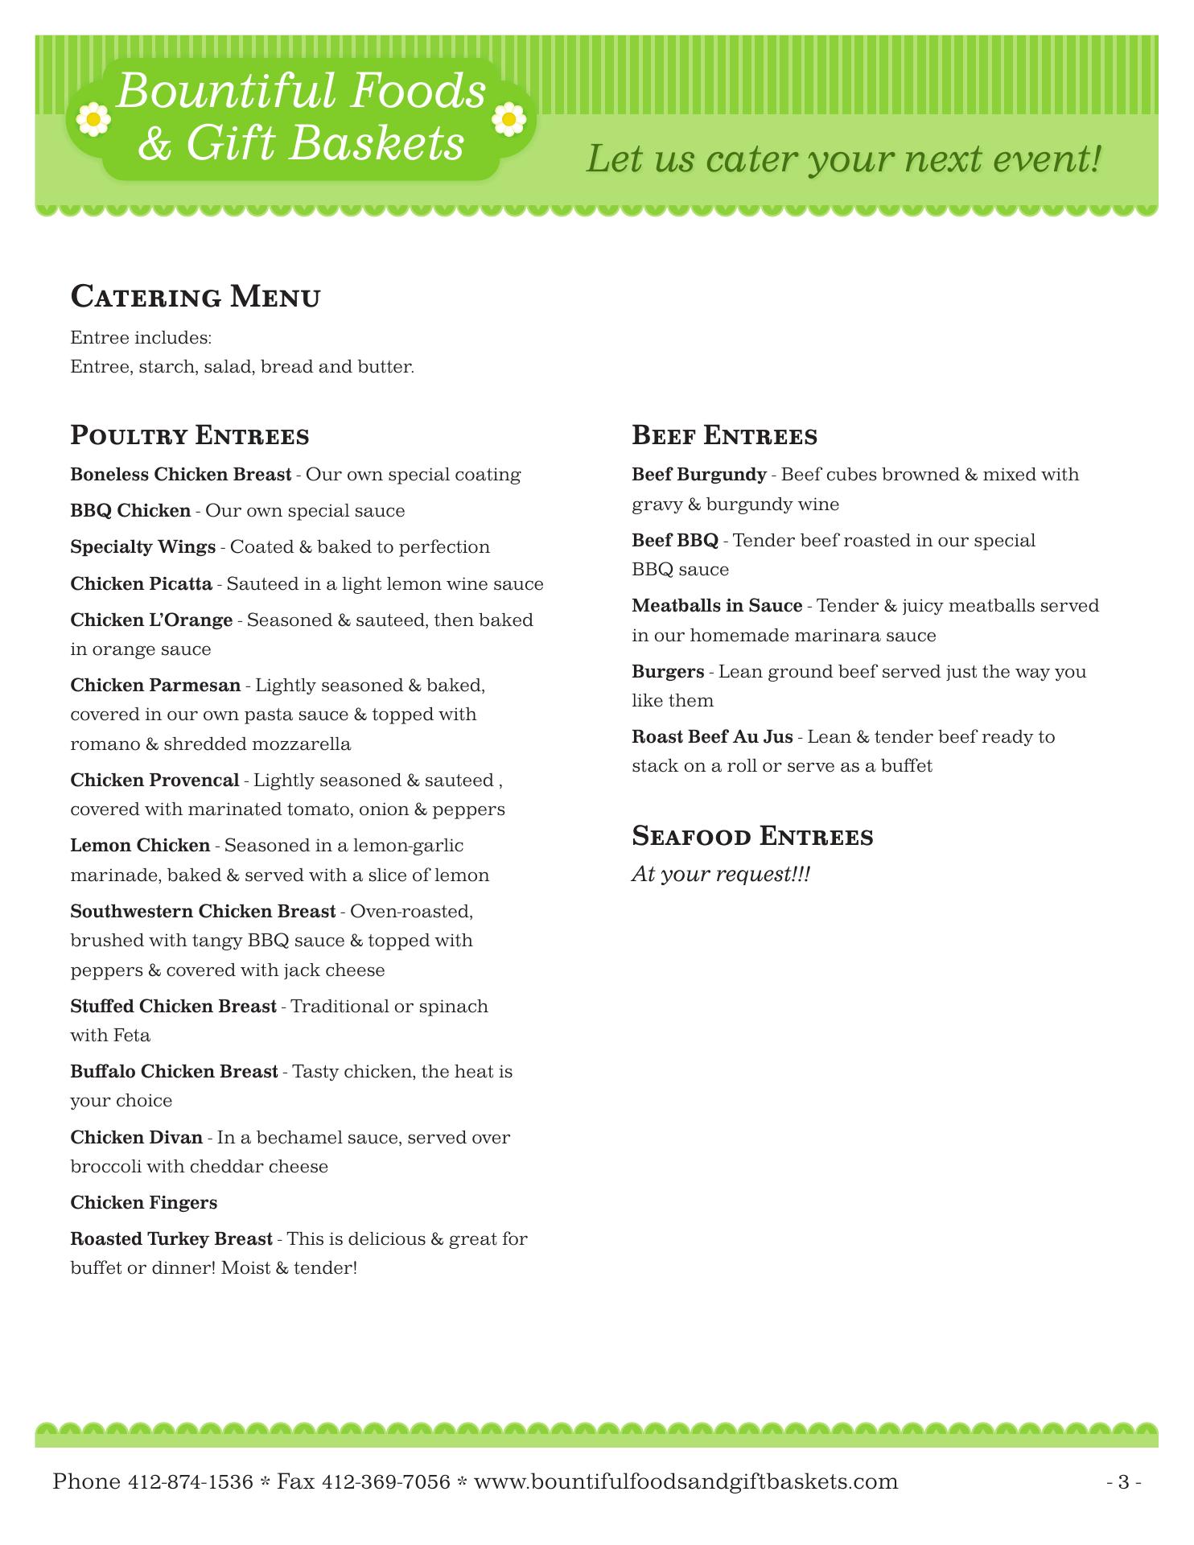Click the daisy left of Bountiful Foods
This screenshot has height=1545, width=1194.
click(93, 119)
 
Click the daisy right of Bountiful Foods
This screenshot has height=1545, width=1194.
click(508, 120)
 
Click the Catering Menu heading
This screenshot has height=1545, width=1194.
click(196, 297)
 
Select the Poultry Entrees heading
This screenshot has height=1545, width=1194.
click(190, 436)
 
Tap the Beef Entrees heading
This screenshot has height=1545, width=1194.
click(724, 436)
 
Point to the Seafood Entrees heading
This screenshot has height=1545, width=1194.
click(752, 836)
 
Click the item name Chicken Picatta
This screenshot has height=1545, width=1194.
click(142, 584)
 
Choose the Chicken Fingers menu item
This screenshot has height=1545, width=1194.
click(144, 1203)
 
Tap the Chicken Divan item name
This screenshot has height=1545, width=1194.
click(137, 1138)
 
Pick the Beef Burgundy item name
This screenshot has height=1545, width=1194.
click(699, 475)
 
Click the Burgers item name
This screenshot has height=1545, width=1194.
click(668, 672)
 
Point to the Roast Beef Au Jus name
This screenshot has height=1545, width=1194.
click(712, 737)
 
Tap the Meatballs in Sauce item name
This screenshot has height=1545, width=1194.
click(717, 606)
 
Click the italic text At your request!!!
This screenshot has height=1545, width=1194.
click(721, 874)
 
